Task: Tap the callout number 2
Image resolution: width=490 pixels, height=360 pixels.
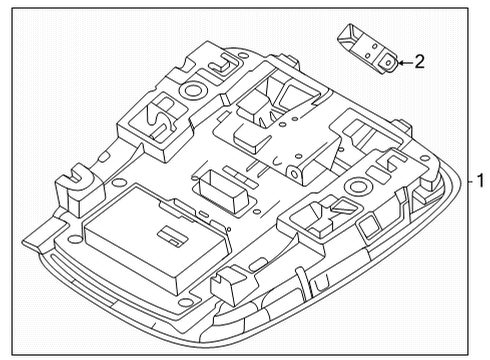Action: point(419,62)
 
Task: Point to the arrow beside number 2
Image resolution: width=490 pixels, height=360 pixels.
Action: point(403,62)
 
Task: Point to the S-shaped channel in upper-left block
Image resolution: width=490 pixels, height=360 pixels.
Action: point(160,113)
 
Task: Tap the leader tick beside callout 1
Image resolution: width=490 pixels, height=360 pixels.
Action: point(467,183)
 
